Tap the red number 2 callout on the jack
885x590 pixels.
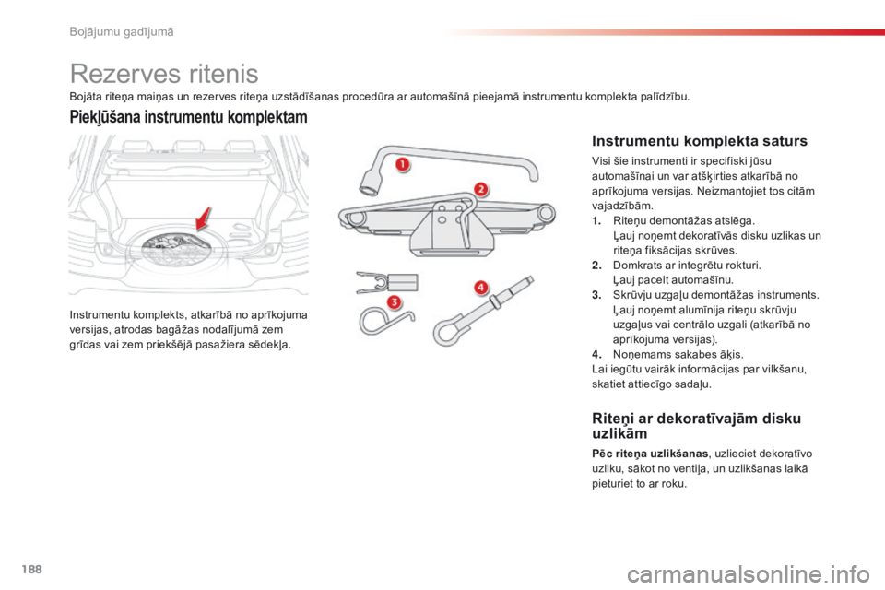coord(481,189)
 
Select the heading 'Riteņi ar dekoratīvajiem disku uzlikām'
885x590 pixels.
coord(696,426)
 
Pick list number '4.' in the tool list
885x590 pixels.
coord(596,352)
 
